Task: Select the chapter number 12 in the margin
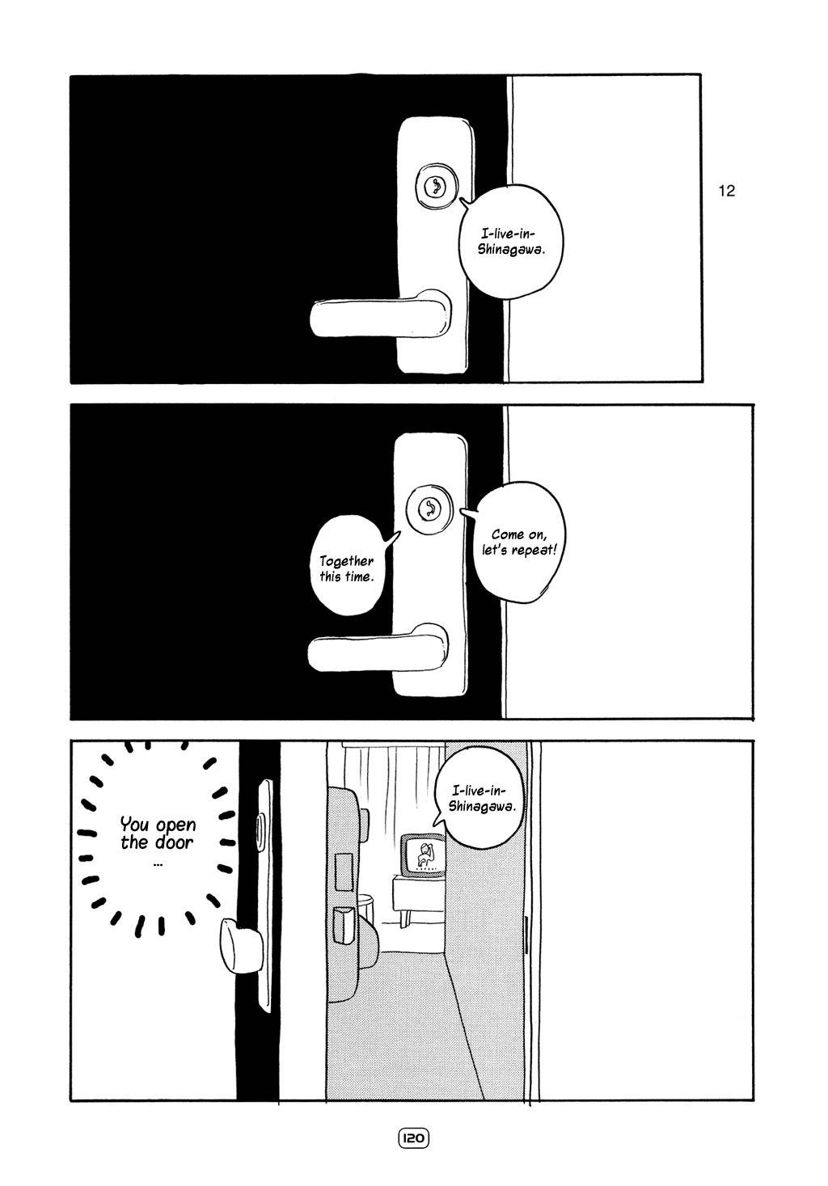726,192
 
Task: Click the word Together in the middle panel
346,560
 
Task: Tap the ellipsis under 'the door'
157,863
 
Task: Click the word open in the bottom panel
175,825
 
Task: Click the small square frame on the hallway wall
343,864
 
